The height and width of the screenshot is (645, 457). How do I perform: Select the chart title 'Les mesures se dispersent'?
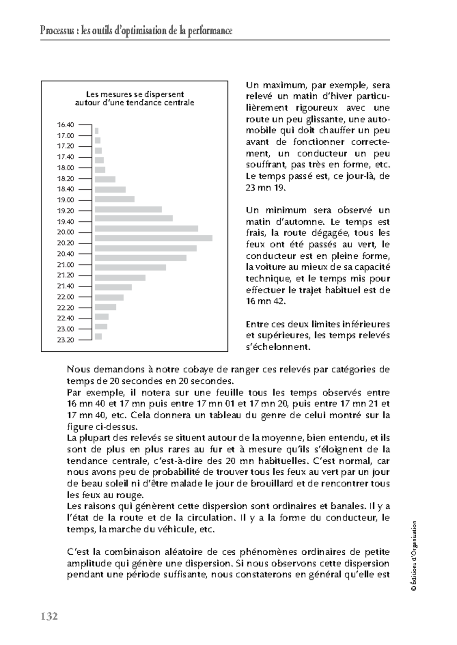(x=135, y=94)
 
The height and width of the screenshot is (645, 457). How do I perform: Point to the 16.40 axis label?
(x=66, y=125)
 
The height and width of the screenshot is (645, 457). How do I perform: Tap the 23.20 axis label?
(x=66, y=340)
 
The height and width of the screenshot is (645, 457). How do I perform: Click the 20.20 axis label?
(x=66, y=243)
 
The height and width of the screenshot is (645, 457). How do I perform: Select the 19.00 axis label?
(x=66, y=200)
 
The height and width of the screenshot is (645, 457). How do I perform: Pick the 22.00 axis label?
(x=66, y=297)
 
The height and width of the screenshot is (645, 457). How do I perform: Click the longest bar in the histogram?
(x=153, y=238)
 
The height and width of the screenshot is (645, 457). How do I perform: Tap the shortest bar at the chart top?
(x=96, y=131)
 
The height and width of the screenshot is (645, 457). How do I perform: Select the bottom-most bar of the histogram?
(x=98, y=336)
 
